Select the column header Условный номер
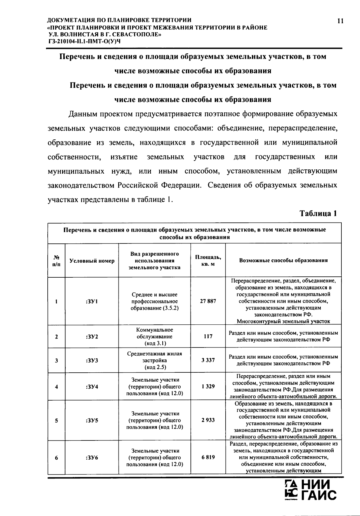[x=92, y=261]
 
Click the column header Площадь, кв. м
[x=208, y=260]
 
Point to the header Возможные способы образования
[x=283, y=260]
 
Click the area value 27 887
[x=208, y=301]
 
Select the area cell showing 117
[x=208, y=336]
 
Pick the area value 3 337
[x=208, y=360]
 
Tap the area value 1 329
[x=208, y=386]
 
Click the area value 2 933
[x=208, y=420]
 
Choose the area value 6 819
[x=208, y=457]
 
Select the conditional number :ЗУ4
[x=92, y=386]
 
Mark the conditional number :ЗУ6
[x=92, y=458]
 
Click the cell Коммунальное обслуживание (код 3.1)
[x=154, y=336]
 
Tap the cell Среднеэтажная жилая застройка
[x=154, y=360]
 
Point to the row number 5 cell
[x=56, y=420]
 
